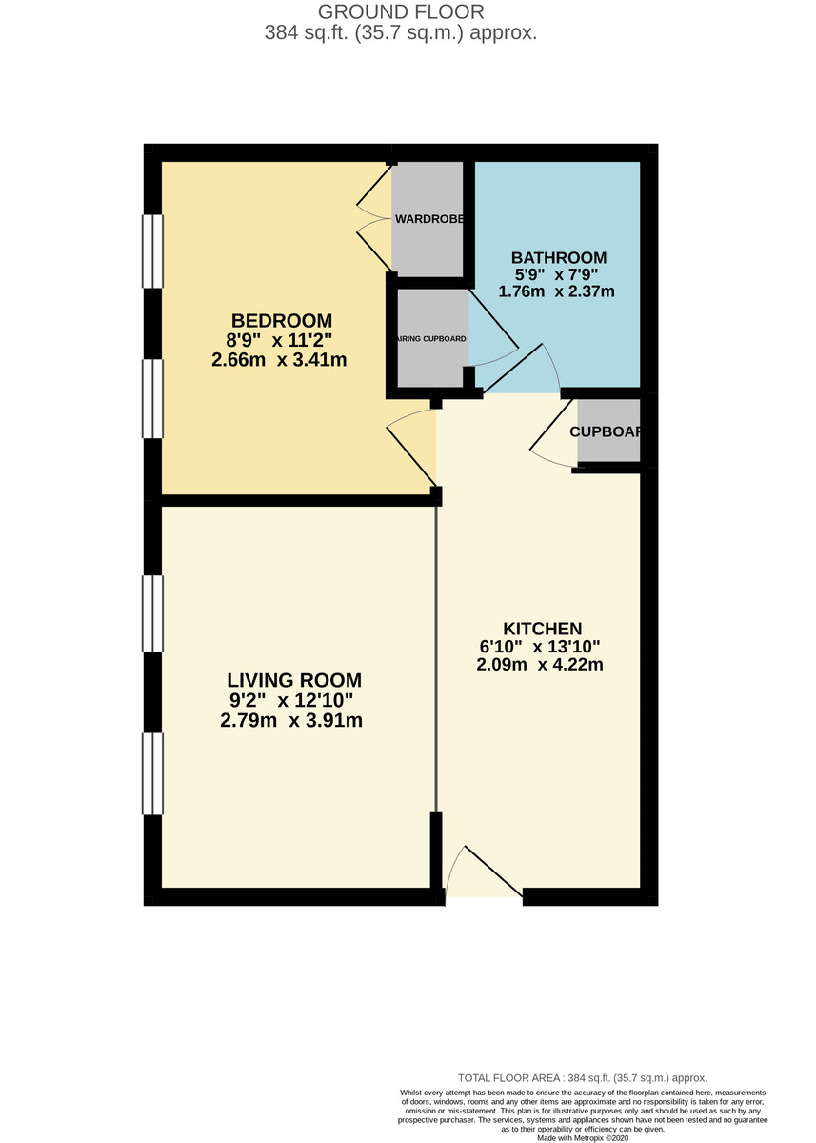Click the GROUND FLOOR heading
[x=400, y=12]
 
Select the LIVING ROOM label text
[x=294, y=680]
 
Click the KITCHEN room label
[x=542, y=629]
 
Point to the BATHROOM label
[x=559, y=257]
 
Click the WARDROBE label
[x=429, y=219]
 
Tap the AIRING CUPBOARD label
[x=430, y=338]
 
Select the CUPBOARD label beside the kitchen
[x=607, y=431]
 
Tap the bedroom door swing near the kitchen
[x=411, y=448]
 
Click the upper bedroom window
[x=153, y=251]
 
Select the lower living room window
[x=153, y=773]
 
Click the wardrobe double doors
[x=375, y=219]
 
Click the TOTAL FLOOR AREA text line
[x=583, y=1076]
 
